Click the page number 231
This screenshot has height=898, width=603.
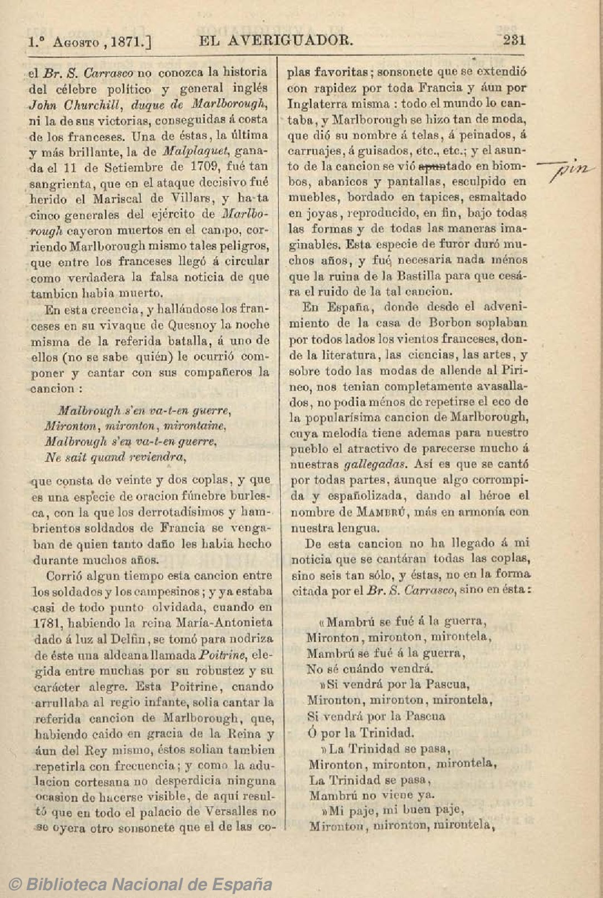click(514, 40)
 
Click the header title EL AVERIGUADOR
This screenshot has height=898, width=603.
click(275, 40)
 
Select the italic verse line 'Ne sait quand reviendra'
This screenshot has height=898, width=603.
click(115, 458)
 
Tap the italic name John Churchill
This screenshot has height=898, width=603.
click(78, 105)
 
